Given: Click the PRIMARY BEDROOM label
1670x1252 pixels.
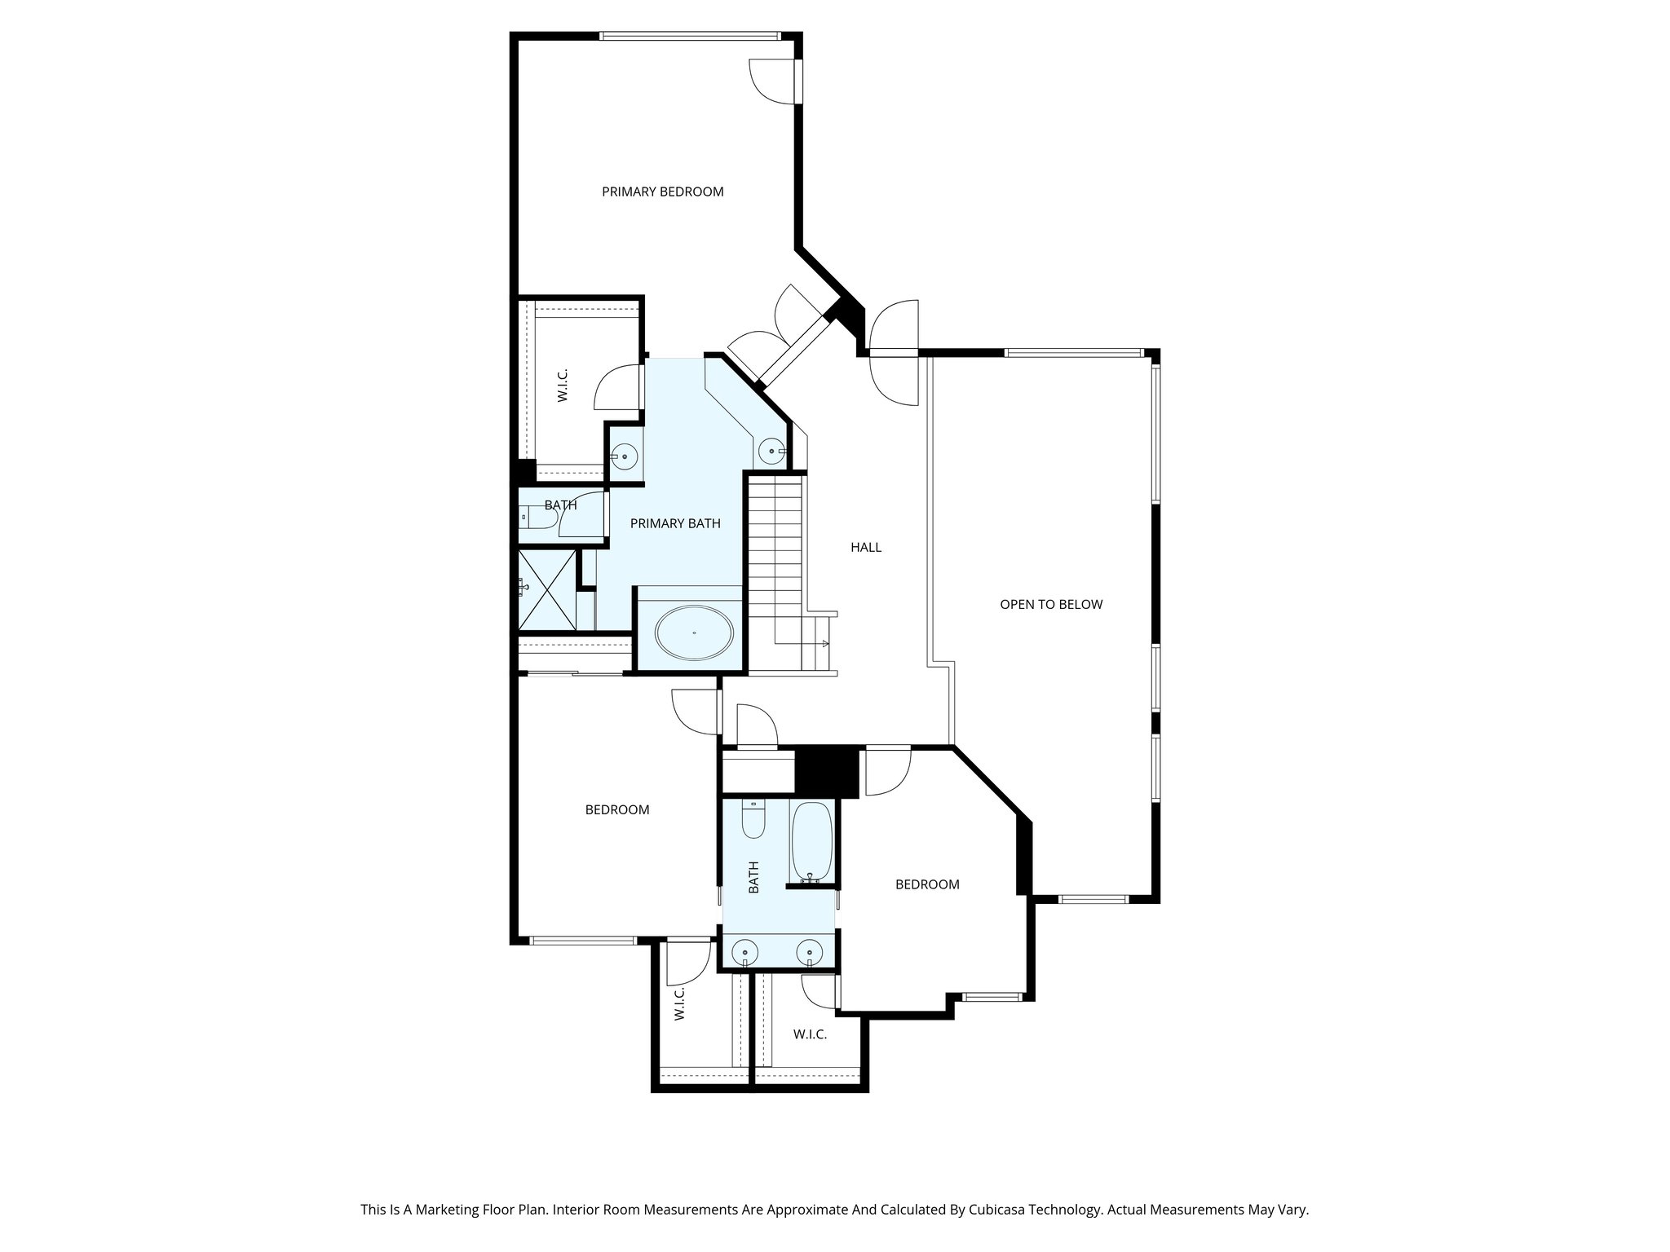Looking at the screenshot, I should [x=662, y=192].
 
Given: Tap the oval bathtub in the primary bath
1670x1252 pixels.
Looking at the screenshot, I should [x=695, y=633].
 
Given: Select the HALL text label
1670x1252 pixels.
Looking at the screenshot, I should [x=865, y=547].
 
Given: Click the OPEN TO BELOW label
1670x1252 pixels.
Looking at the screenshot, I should [x=1050, y=604].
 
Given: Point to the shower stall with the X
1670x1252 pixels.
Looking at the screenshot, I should [x=547, y=590].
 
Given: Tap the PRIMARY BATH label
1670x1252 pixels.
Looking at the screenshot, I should [x=675, y=523].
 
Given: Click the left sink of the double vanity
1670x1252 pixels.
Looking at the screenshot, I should [x=744, y=951].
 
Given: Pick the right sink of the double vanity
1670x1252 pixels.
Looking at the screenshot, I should [x=809, y=951].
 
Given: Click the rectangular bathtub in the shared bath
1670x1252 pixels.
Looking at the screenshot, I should [x=811, y=840].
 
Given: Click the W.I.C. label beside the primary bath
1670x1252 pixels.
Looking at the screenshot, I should [x=563, y=385].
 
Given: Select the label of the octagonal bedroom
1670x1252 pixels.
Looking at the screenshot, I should [x=926, y=884].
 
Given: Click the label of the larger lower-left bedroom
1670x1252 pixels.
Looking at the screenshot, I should [x=617, y=809].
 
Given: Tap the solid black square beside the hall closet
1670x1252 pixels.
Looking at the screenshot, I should [x=825, y=771].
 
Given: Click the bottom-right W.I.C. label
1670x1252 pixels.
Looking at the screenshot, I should [x=810, y=1034].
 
